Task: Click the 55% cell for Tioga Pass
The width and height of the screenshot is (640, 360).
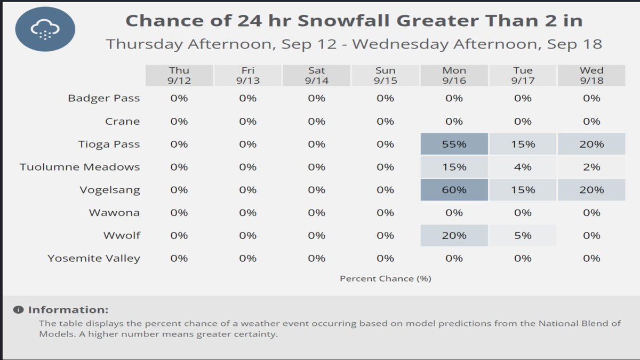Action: [x=454, y=144]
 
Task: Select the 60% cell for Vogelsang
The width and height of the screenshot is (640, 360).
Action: [x=454, y=190]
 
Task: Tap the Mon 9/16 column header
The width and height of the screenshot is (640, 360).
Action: [x=454, y=75]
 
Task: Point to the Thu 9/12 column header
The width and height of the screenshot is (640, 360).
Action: [x=179, y=75]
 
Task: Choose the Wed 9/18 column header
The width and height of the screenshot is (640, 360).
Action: [x=591, y=75]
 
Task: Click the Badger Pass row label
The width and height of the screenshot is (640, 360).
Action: [x=104, y=98]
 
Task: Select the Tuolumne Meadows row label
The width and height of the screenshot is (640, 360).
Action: [x=80, y=167]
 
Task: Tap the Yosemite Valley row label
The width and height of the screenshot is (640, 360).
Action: [x=94, y=258]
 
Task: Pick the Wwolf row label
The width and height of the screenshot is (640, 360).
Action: [x=122, y=235]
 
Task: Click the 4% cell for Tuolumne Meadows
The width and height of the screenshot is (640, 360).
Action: [x=523, y=167]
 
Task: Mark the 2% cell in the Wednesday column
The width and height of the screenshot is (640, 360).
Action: [x=591, y=167]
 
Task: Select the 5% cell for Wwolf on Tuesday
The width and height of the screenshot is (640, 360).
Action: [x=523, y=235]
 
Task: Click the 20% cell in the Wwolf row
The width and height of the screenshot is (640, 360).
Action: [x=454, y=235]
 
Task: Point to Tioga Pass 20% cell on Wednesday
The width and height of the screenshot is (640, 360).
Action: [x=591, y=144]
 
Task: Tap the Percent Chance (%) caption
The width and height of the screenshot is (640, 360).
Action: [x=385, y=278]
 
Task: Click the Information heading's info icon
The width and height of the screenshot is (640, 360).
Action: [x=19, y=310]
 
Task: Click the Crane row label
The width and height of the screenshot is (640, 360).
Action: [x=122, y=121]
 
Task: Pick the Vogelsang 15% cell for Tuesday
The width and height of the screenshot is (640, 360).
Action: [x=523, y=190]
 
